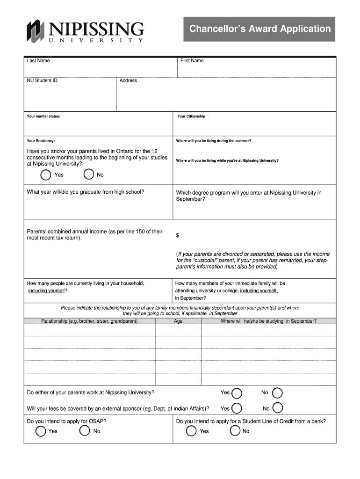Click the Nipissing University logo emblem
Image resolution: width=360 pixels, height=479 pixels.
pyautogui.click(x=35, y=31)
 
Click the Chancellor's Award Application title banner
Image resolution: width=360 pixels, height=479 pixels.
pyautogui.click(x=259, y=29)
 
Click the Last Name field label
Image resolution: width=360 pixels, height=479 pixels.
pyautogui.click(x=38, y=61)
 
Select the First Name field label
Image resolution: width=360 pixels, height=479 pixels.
pyautogui.click(x=192, y=61)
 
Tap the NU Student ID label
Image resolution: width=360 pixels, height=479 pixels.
pyautogui.click(x=42, y=80)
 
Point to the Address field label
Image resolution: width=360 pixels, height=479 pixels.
pyautogui.click(x=128, y=80)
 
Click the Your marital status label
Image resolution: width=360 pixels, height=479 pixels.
pyautogui.click(x=43, y=116)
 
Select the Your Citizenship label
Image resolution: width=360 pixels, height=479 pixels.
pyautogui.click(x=192, y=116)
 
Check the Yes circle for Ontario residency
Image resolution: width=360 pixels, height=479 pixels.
pyautogui.click(x=46, y=175)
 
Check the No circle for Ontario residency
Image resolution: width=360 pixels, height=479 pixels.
pyautogui.click(x=88, y=175)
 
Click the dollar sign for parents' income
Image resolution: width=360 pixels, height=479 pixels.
pyautogui.click(x=178, y=235)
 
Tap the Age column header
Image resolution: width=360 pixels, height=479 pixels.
pyautogui.click(x=178, y=321)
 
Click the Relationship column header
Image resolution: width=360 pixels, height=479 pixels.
pyautogui.click(x=89, y=321)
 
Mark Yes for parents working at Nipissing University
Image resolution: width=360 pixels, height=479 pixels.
pyautogui.click(x=237, y=393)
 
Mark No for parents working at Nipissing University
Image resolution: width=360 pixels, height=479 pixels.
pyautogui.click(x=277, y=393)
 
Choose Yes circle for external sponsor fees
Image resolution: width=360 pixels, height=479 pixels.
pyautogui.click(x=237, y=408)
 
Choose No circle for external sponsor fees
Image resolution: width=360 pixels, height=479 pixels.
pyautogui.click(x=278, y=408)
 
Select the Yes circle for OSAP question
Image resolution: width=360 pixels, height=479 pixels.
pyautogui.click(x=41, y=431)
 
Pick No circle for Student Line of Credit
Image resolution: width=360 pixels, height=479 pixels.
pyautogui.click(x=235, y=431)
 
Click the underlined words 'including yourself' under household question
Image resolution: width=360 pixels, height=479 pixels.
pyautogui.click(x=46, y=291)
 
